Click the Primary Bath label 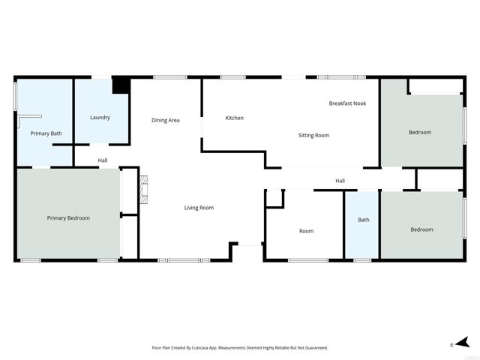click(46, 133)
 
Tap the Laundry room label click(100, 118)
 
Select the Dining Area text click(165, 120)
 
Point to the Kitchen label click(235, 118)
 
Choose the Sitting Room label click(313, 135)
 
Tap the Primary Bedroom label click(68, 218)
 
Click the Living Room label click(199, 208)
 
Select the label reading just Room click(306, 231)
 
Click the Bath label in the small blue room click(364, 220)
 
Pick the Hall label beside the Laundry click(102, 160)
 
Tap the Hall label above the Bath click(340, 181)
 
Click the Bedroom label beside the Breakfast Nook click(420, 133)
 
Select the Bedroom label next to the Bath click(421, 229)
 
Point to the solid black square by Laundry click(120, 85)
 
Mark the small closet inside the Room click(274, 197)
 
